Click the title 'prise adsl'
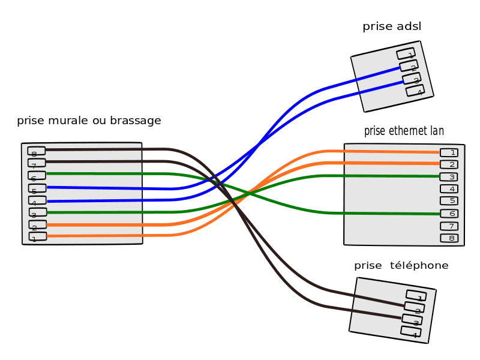(391, 27)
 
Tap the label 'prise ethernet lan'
(404, 131)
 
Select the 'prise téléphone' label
(401, 266)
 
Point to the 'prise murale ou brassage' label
(89, 121)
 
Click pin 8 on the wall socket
(37, 151)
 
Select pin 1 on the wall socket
(37, 237)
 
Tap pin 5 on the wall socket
(37, 188)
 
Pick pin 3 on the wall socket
(37, 212)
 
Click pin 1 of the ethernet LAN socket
(449, 152)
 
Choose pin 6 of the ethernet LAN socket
(449, 213)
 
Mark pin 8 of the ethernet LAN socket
(449, 238)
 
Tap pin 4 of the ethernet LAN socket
(449, 188)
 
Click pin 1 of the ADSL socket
(406, 54)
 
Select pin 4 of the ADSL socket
(415, 91)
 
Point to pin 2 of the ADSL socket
(409, 67)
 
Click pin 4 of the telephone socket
(411, 332)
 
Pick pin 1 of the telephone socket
(416, 296)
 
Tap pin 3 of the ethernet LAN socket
(449, 176)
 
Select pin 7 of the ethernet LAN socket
(449, 226)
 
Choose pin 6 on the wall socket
(37, 176)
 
